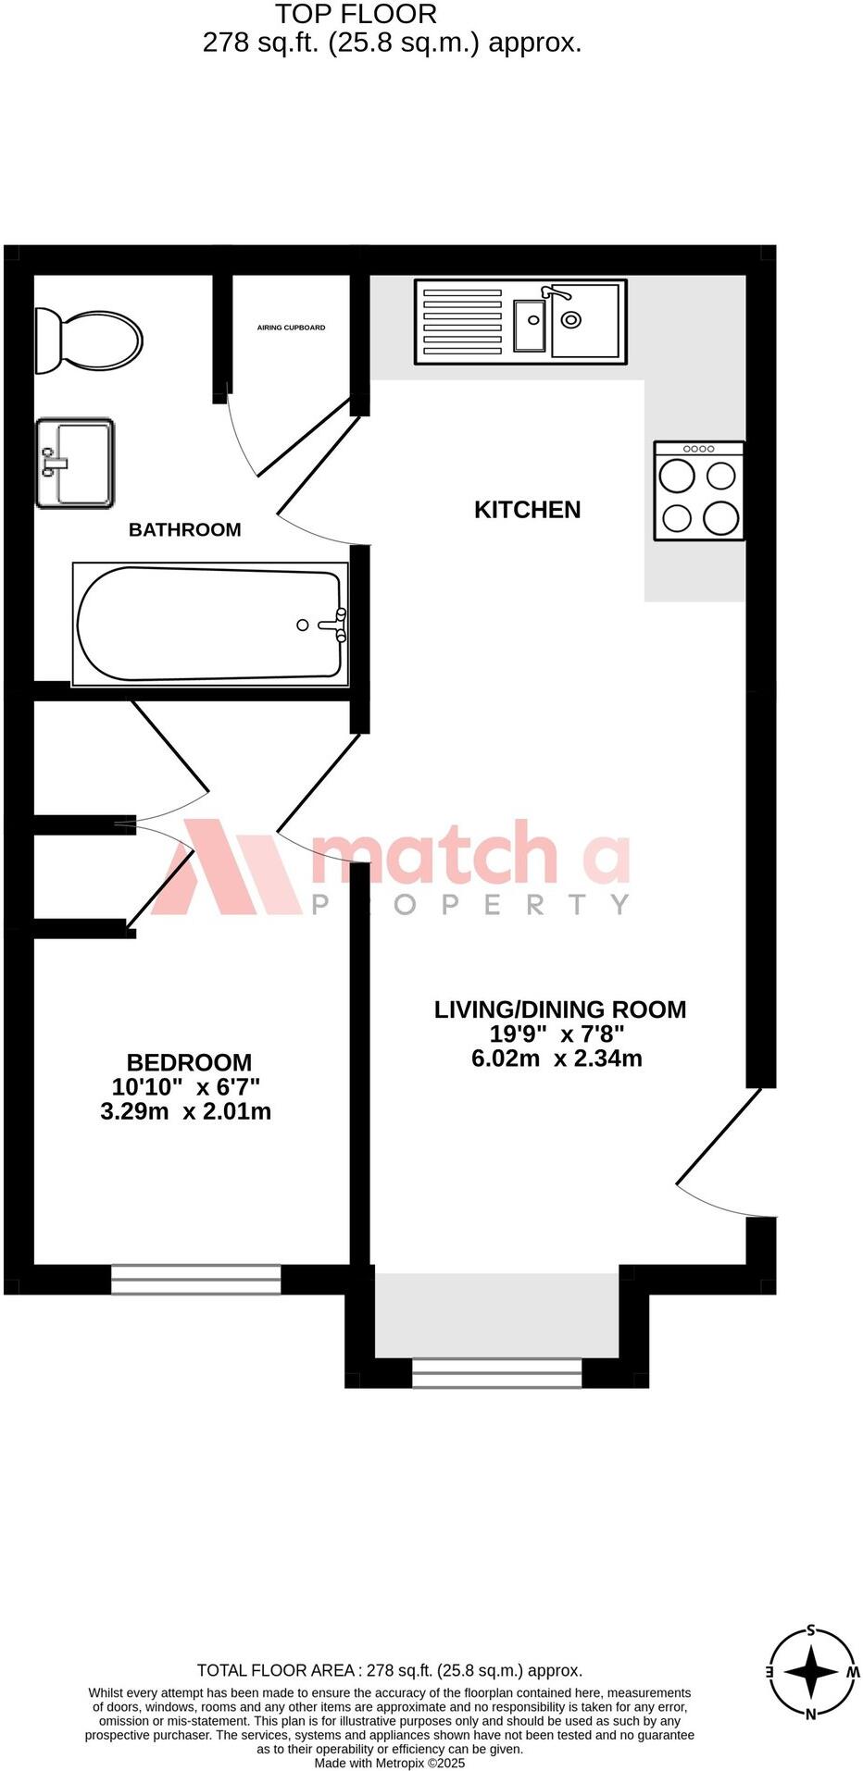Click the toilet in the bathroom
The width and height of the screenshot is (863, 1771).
[89, 340]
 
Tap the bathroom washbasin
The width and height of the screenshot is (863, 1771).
[75, 463]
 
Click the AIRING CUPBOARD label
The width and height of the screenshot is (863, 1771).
[291, 328]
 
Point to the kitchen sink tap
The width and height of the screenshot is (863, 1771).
[556, 293]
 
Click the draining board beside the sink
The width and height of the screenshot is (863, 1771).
[462, 321]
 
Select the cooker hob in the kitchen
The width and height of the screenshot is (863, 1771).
[699, 491]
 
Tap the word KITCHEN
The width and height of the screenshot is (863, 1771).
[527, 510]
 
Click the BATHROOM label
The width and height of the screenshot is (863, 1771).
[184, 530]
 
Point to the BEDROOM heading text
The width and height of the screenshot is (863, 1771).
[189, 1062]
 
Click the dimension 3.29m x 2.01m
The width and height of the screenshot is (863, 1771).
[185, 1111]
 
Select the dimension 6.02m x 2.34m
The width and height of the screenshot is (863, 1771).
[557, 1059]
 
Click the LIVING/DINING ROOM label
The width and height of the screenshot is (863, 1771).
[560, 1009]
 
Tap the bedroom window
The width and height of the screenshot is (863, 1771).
[195, 1279]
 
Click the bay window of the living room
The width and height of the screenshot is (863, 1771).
[496, 1372]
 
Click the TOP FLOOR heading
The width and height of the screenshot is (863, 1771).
[356, 14]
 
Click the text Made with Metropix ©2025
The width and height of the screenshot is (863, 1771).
[389, 1764]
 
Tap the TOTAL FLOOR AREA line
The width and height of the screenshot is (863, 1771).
[389, 1670]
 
